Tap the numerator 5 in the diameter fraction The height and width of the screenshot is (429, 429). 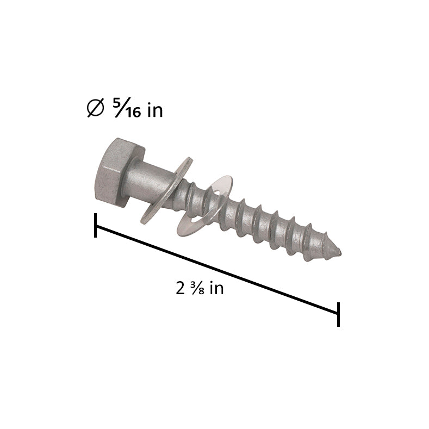tap(116, 103)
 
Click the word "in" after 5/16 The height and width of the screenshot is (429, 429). tap(155, 110)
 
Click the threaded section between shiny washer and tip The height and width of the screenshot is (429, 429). tap(272, 226)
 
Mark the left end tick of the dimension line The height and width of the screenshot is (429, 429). tap(96, 225)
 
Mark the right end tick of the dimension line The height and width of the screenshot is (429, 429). tap(338, 314)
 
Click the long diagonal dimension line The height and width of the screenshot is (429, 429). tap(217, 270)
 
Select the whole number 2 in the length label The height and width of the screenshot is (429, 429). tap(181, 288)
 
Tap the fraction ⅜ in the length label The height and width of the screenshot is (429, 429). tap(196, 288)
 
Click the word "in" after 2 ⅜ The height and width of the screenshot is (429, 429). tap(216, 288)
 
